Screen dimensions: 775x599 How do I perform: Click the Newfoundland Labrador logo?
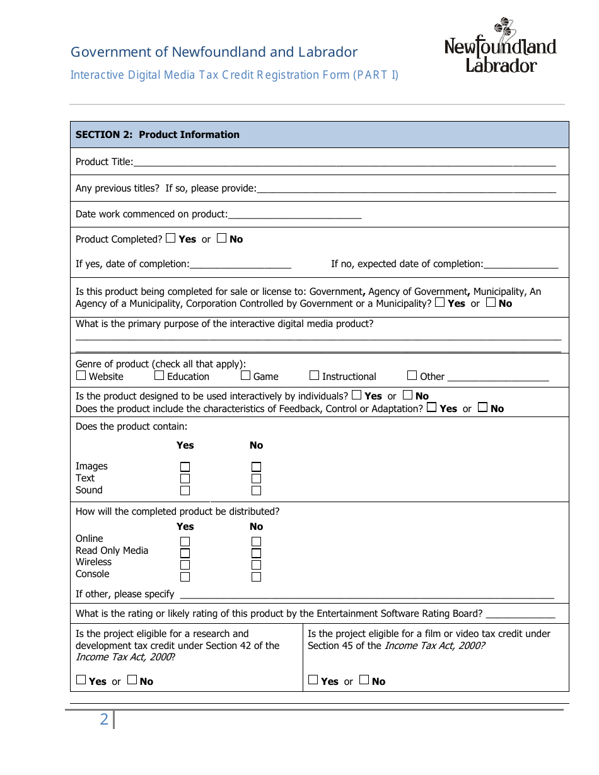tap(500, 47)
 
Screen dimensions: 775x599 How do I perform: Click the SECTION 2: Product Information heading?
tap(158, 135)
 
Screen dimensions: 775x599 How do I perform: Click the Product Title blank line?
tap(344, 163)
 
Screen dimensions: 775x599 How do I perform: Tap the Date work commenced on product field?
tap(294, 215)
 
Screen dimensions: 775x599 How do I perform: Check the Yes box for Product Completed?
tap(171, 239)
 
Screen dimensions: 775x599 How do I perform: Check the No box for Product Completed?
tap(221, 239)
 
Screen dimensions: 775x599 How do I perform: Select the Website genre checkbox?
tap(81, 376)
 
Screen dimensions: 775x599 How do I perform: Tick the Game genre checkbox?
tap(246, 376)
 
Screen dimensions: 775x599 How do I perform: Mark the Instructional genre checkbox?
tap(315, 376)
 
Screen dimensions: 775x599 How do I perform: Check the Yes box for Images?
tap(185, 467)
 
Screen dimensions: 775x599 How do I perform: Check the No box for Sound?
tap(256, 491)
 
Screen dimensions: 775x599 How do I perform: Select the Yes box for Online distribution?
tap(185, 542)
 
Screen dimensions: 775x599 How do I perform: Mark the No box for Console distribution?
tap(256, 577)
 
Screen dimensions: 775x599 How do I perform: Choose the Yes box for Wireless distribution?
tap(185, 565)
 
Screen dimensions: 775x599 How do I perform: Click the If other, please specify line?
tap(366, 595)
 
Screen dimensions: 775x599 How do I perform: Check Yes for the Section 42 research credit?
tap(81, 680)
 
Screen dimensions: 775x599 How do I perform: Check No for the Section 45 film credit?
tap(364, 680)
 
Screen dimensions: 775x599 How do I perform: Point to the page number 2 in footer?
tap(104, 719)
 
